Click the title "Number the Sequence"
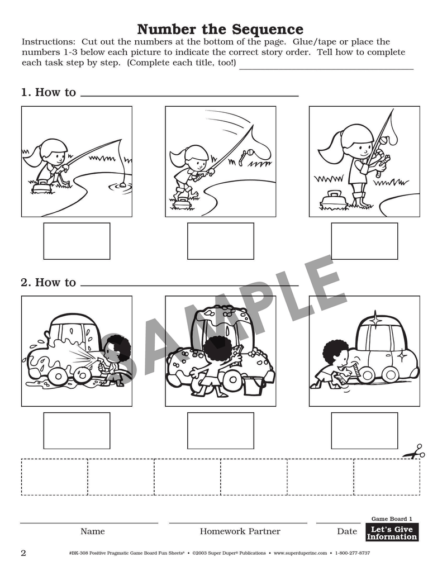(220, 29)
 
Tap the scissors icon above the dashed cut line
(414, 452)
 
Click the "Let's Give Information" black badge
(392, 532)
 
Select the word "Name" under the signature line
(93, 531)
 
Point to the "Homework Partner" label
(240, 531)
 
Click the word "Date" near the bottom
(347, 531)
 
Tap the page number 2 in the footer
(23, 553)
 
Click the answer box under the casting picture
(220, 241)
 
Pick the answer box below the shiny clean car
(364, 431)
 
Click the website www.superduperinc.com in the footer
(300, 553)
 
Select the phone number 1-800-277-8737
(353, 553)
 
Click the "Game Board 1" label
(392, 518)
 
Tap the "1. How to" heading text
(49, 92)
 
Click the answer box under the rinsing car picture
(77, 431)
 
